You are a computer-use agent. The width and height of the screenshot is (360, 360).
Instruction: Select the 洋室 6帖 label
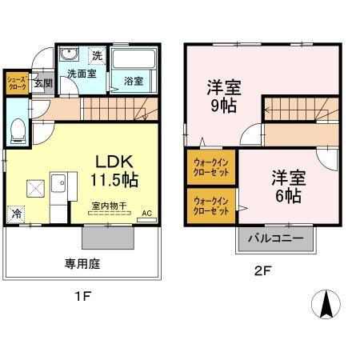[x=286, y=186]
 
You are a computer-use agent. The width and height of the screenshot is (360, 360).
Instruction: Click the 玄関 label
[x=43, y=83]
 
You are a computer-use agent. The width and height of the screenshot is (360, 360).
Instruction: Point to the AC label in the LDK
[x=146, y=213]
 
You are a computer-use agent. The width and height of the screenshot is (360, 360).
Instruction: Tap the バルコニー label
[x=274, y=238]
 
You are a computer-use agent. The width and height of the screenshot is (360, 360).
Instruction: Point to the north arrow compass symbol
[x=326, y=305]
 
